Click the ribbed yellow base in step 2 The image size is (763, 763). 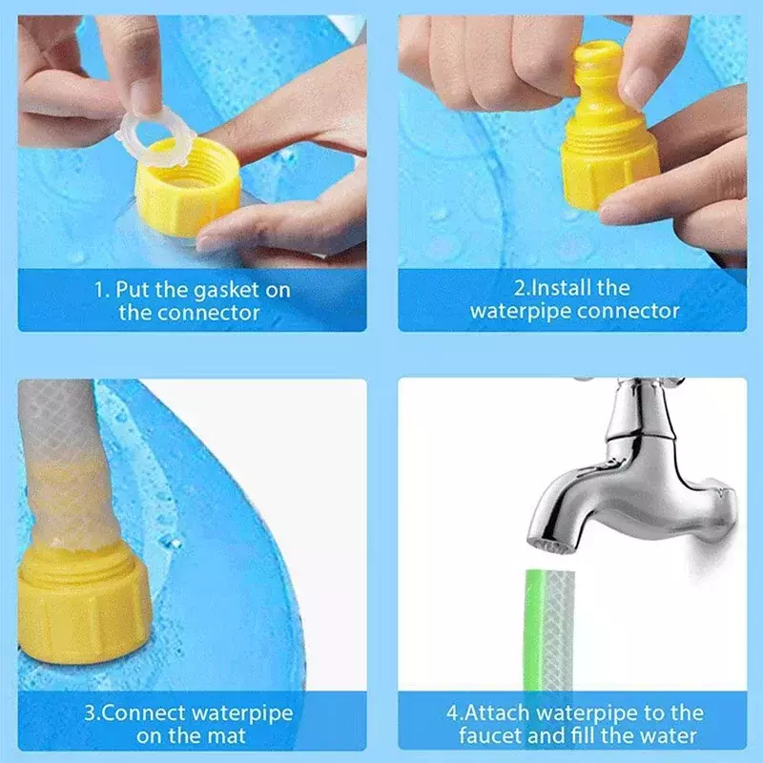pyautogui.click(x=609, y=168)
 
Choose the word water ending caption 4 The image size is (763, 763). pyautogui.click(x=669, y=735)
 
